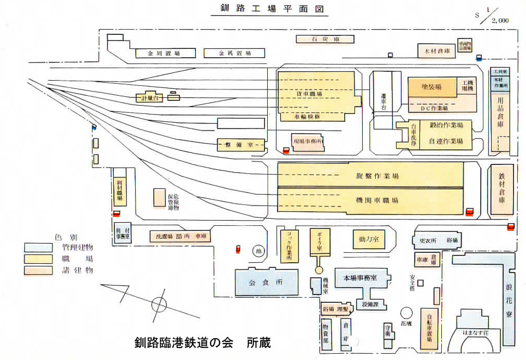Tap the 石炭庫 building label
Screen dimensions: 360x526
click(x=325, y=39)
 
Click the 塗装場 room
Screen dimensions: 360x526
click(x=431, y=87)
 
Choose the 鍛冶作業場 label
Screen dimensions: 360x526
click(x=445, y=126)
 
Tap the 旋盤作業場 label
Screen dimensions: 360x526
click(x=370, y=176)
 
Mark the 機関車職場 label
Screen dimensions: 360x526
click(x=370, y=200)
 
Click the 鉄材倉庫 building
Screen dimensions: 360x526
click(x=502, y=190)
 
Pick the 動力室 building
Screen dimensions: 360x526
click(x=368, y=239)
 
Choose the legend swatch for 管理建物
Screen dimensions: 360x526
click(x=38, y=247)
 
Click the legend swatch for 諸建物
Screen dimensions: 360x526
click(x=38, y=270)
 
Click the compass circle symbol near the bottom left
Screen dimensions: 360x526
click(x=159, y=304)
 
